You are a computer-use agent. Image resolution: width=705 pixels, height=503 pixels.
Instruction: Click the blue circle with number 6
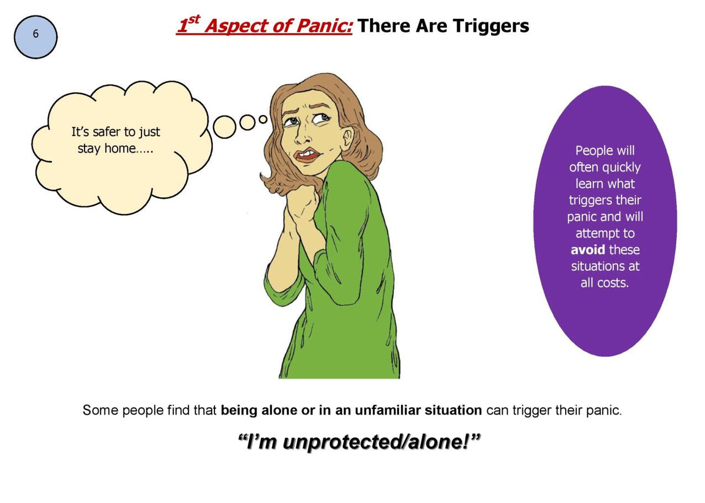[35, 36]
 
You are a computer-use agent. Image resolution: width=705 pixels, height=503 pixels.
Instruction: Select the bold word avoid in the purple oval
[588, 250]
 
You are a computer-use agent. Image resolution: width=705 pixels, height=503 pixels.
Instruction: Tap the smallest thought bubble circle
[263, 119]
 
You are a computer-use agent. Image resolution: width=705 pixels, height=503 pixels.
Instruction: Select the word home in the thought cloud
[120, 149]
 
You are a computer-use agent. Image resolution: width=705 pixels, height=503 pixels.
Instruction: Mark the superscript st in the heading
[192, 21]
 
